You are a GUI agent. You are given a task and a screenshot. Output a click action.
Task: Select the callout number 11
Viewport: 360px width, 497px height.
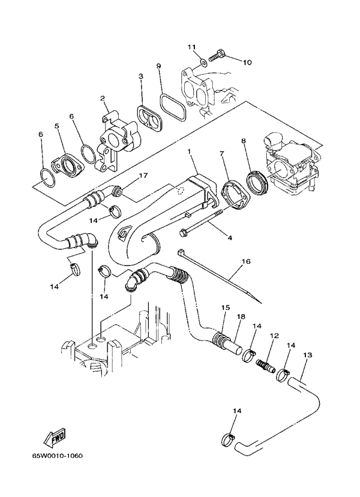coord(191,47)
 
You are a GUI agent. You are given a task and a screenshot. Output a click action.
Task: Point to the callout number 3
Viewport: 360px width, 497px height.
coord(141,77)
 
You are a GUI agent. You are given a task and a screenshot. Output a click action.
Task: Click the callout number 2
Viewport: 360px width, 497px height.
coord(103,98)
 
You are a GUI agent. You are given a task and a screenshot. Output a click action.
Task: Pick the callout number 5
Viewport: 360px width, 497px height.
coord(57,126)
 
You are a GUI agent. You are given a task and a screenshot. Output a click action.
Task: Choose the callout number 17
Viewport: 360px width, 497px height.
coord(143,176)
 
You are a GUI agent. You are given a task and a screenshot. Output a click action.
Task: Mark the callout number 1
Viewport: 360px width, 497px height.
coord(190,152)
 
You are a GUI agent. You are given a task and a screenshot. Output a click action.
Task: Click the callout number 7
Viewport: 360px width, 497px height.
coord(221,154)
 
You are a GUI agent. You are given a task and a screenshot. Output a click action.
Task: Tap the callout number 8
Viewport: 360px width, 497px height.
coord(244,141)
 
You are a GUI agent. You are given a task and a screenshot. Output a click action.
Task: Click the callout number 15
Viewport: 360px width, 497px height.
coord(226,308)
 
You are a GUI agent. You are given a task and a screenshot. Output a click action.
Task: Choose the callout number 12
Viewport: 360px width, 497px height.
coord(274,337)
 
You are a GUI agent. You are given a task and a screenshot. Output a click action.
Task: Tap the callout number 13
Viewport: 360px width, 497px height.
coord(308,356)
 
